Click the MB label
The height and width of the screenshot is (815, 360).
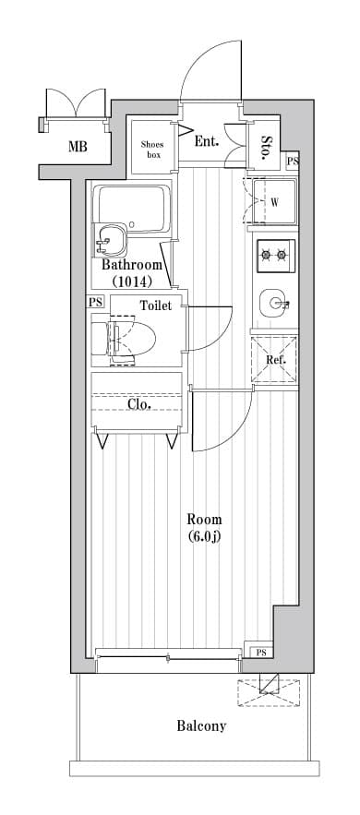(x=78, y=147)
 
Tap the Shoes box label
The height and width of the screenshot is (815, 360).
(x=152, y=150)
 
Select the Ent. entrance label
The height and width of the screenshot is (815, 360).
(x=207, y=141)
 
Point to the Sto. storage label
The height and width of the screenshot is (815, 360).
(x=267, y=148)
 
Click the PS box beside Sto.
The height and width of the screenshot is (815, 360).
(x=293, y=162)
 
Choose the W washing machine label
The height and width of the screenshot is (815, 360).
(x=274, y=203)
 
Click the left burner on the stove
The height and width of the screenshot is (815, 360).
(x=267, y=255)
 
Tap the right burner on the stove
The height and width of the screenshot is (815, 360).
(x=282, y=255)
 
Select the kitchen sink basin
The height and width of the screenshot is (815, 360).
(x=274, y=304)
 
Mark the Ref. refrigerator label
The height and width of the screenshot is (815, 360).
(x=274, y=360)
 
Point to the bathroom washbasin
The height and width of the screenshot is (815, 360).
(x=110, y=240)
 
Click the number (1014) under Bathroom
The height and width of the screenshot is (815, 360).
(x=132, y=282)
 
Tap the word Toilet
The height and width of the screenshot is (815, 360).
(x=156, y=306)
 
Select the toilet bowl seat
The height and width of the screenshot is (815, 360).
(x=133, y=341)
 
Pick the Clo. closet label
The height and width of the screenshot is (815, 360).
(x=138, y=403)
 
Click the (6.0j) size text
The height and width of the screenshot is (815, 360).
(x=204, y=536)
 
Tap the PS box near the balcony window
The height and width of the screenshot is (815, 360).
(x=261, y=653)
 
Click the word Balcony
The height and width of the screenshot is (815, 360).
(x=201, y=726)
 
